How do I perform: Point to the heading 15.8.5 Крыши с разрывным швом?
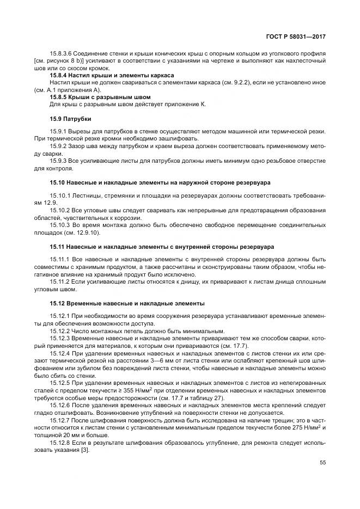click(x=90, y=96)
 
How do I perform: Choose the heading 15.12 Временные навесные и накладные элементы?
click(x=127, y=303)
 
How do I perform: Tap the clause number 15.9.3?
click(x=59, y=161)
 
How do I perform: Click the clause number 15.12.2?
click(x=60, y=330)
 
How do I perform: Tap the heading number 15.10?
click(x=59, y=182)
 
